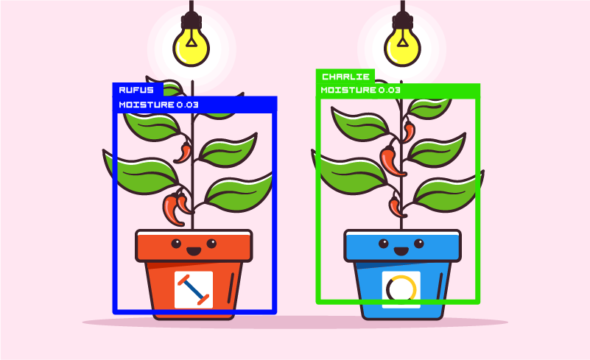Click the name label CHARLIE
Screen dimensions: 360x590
pyautogui.click(x=345, y=77)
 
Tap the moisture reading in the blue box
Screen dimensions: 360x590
pyautogui.click(x=158, y=105)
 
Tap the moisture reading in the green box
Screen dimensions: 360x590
pyautogui.click(x=360, y=91)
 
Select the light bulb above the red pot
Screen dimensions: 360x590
pyautogui.click(x=192, y=45)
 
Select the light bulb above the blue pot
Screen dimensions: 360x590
pyautogui.click(x=401, y=45)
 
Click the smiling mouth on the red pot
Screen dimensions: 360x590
pyautogui.click(x=194, y=251)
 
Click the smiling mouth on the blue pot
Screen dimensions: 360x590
pyautogui.click(x=401, y=251)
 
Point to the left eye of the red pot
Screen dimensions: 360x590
pyautogui.click(x=176, y=243)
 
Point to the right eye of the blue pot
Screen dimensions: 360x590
pyautogui.click(x=419, y=243)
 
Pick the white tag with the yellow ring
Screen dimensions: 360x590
pyautogui.click(x=401, y=289)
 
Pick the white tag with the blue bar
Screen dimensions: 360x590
pyautogui.click(x=194, y=289)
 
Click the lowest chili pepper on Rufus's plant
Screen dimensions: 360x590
pyautogui.click(x=173, y=209)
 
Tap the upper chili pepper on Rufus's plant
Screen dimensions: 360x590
pyautogui.click(x=183, y=152)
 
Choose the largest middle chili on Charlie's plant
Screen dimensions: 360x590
pyautogui.click(x=391, y=160)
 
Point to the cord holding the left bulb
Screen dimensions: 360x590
pyautogui.click(x=192, y=11)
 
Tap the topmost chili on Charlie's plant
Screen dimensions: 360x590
pyautogui.click(x=409, y=132)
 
